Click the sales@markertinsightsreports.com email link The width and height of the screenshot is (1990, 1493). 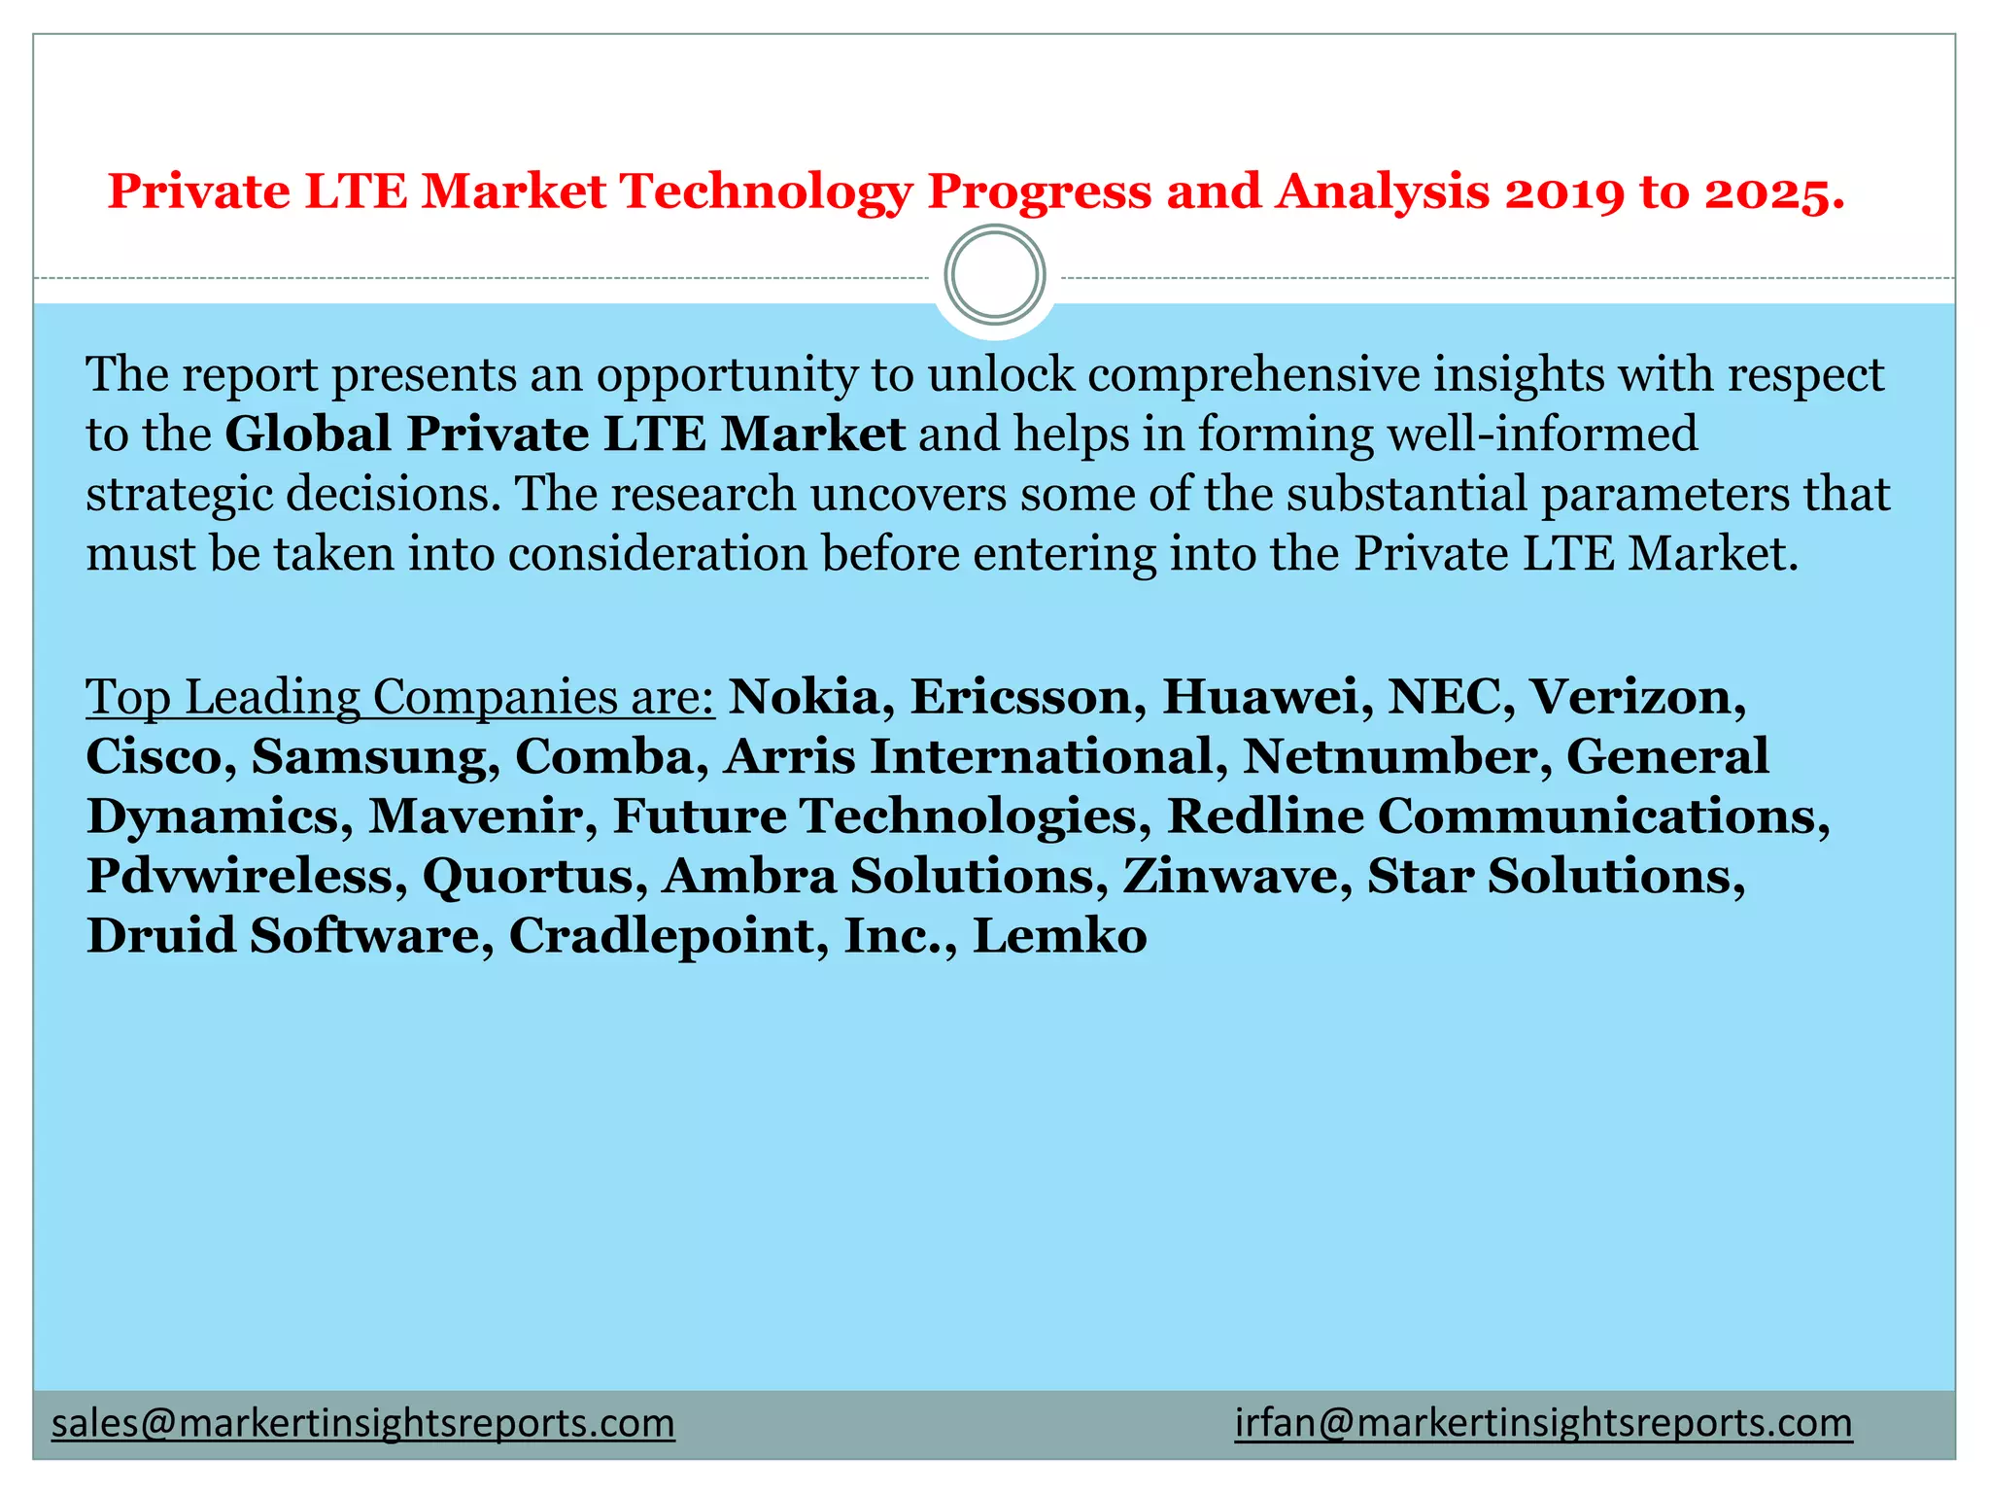tap(362, 1423)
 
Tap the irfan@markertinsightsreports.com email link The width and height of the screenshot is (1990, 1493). tap(1543, 1423)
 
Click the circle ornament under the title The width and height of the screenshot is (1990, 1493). tap(995, 275)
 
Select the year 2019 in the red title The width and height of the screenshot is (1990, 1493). tap(1563, 191)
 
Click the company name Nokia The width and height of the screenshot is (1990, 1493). tap(804, 697)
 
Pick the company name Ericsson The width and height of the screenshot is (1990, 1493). tap(1020, 697)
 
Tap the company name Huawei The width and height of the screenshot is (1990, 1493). tap(1260, 697)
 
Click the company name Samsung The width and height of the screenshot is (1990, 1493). tap(369, 757)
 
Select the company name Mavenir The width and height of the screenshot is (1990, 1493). tap(475, 816)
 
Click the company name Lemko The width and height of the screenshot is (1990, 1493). tap(1059, 936)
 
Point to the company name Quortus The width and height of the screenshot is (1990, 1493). tap(527, 876)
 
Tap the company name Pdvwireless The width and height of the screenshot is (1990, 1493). tap(239, 876)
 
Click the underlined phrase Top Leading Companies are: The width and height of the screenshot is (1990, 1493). tap(399, 697)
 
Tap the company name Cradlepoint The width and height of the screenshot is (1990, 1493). tap(661, 936)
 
